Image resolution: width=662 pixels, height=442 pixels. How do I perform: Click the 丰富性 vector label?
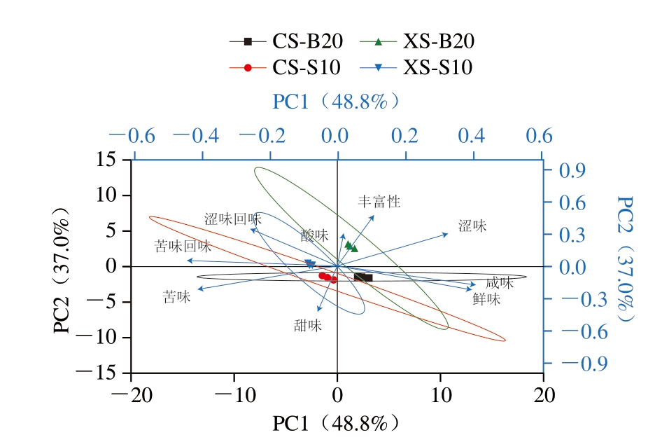click(379, 202)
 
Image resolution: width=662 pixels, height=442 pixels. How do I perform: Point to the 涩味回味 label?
click(232, 219)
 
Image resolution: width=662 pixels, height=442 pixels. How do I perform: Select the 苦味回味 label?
click(183, 247)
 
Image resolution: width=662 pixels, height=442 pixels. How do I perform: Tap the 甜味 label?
click(307, 325)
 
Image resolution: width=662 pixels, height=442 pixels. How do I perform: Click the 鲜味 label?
click(486, 299)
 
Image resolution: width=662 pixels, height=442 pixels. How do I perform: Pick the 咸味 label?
click(500, 283)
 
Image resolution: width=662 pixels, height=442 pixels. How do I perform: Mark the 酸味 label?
click(314, 235)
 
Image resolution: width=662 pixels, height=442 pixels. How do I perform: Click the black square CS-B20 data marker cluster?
click(363, 278)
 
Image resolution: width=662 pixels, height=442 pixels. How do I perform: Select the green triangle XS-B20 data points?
click(351, 246)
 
